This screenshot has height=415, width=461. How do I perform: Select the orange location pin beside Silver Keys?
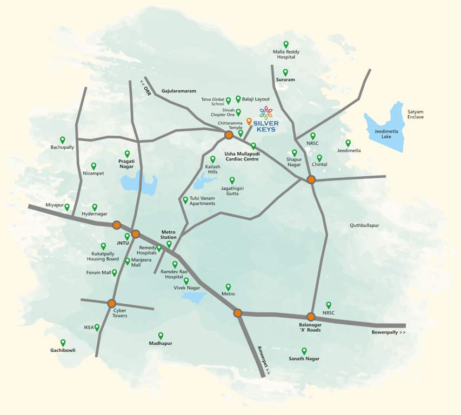click(x=249, y=122)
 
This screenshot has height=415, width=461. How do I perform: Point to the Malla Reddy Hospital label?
click(x=286, y=54)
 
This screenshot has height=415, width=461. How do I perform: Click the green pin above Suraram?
click(x=285, y=72)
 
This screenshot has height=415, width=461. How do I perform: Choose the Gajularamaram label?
click(x=178, y=91)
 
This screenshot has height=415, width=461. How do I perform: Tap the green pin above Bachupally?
click(x=63, y=139)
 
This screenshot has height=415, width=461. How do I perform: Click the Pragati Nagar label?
click(x=126, y=164)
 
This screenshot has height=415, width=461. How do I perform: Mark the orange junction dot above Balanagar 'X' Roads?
click(x=311, y=317)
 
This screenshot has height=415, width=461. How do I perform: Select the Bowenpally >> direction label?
click(x=388, y=332)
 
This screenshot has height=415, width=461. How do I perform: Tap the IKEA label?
click(x=89, y=327)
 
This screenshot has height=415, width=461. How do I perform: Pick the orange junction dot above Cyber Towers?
click(x=112, y=303)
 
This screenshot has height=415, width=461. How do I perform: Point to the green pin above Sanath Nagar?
click(x=304, y=351)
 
